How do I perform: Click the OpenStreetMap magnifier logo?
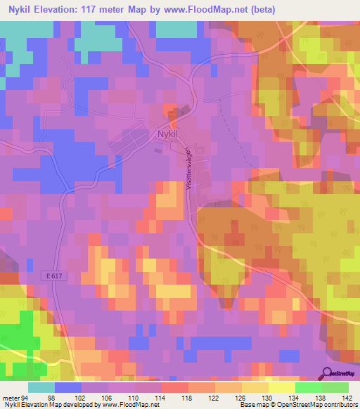(327, 373)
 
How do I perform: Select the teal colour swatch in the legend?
(41, 387)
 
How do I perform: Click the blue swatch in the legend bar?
(68, 387)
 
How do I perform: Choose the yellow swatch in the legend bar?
(282, 387)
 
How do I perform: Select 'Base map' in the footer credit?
(252, 404)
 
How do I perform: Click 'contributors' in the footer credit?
(338, 404)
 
